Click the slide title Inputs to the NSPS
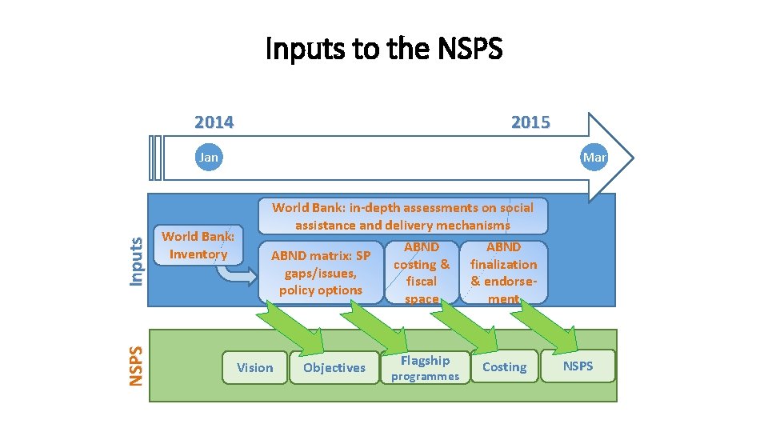(x=384, y=50)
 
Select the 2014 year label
(x=214, y=122)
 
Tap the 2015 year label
(x=530, y=122)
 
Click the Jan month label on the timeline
(x=209, y=158)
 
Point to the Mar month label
(x=594, y=158)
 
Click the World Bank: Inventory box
(x=198, y=246)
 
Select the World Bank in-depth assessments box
(x=402, y=216)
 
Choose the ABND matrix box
(x=321, y=273)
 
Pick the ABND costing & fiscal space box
(x=422, y=273)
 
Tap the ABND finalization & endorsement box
(x=504, y=273)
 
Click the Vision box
(x=255, y=368)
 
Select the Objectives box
(x=334, y=368)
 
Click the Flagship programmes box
(x=426, y=368)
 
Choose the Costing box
(x=504, y=368)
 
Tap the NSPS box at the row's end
(x=578, y=366)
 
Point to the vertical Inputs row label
(x=138, y=255)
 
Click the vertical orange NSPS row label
(x=138, y=366)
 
